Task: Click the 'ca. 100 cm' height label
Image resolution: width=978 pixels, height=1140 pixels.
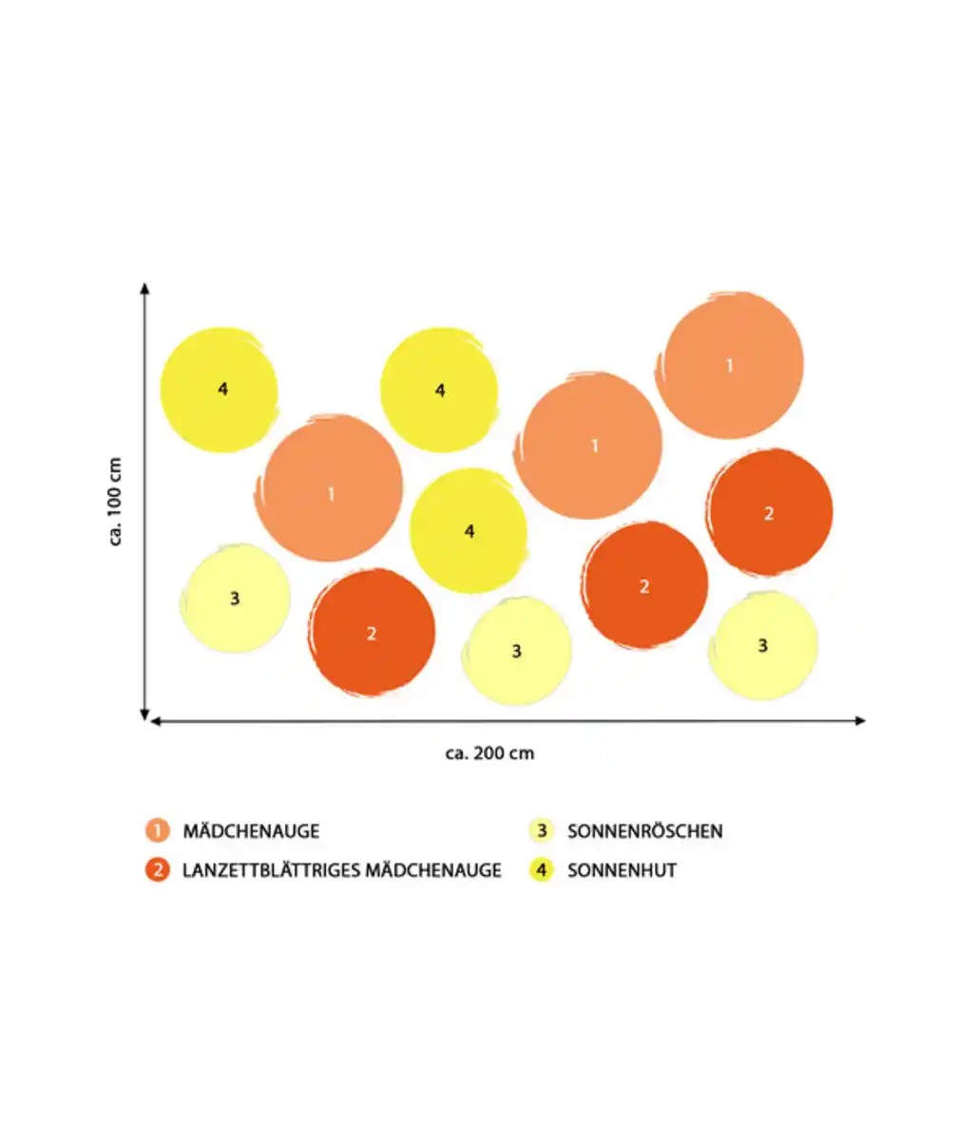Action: tap(116, 503)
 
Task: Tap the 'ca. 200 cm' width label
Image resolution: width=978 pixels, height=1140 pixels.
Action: tap(489, 753)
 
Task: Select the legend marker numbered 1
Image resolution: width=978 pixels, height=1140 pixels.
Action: tap(158, 830)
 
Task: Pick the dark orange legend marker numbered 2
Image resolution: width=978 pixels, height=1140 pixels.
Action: tap(158, 869)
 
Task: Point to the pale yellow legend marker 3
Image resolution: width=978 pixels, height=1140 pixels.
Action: tap(542, 830)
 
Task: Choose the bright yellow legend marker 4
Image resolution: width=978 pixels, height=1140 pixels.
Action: tap(542, 869)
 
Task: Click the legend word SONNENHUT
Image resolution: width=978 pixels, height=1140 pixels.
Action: tap(622, 869)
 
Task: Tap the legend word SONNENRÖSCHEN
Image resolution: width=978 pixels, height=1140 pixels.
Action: tap(644, 831)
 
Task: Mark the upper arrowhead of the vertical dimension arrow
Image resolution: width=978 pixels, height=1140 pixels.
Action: tap(144, 288)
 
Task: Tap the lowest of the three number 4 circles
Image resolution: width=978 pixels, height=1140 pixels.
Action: tap(469, 531)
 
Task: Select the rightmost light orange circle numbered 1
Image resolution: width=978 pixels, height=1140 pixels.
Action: tap(732, 365)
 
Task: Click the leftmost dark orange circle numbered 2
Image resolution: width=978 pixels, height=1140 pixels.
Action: tap(372, 632)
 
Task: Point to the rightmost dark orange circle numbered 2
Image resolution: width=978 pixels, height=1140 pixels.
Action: tap(769, 512)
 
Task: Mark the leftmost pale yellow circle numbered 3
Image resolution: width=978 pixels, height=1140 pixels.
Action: tap(235, 598)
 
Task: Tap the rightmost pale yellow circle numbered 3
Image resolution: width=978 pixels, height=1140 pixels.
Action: tap(763, 646)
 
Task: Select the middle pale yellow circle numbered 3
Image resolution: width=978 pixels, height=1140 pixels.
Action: tap(517, 652)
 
